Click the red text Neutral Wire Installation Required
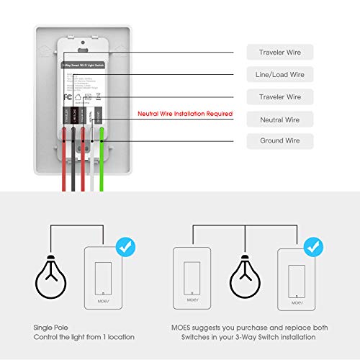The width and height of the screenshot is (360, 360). pyautogui.click(x=185, y=114)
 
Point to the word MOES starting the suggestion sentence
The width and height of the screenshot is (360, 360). pyautogui.click(x=184, y=328)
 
